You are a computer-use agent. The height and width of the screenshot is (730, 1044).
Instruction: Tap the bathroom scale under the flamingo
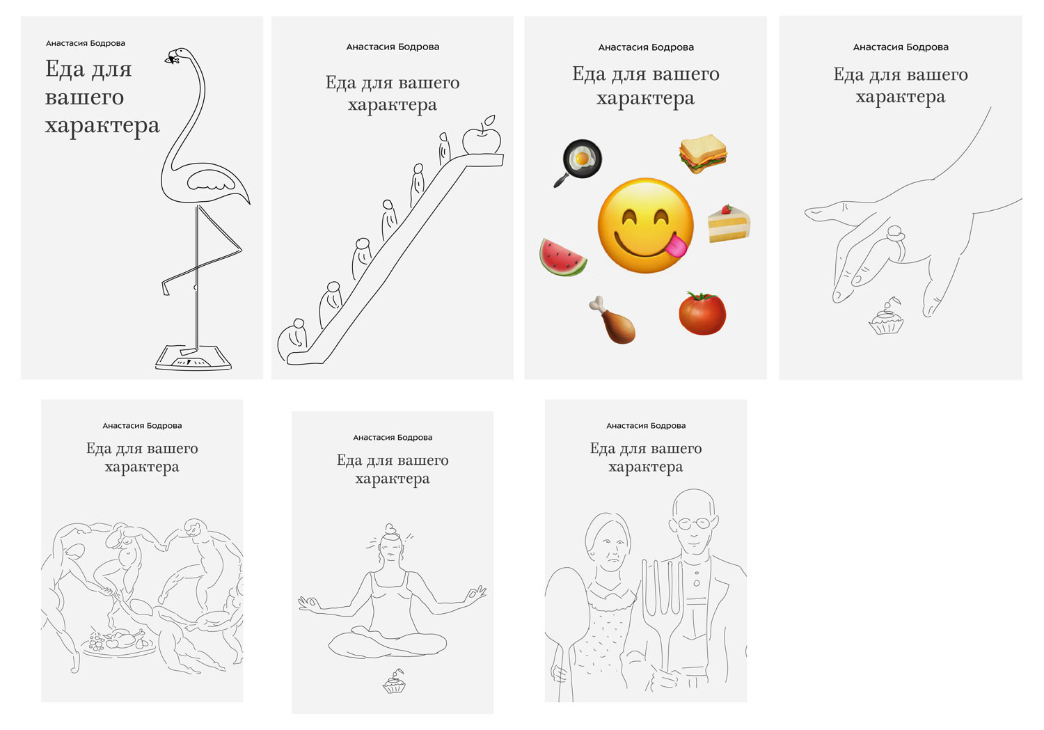pos(193,358)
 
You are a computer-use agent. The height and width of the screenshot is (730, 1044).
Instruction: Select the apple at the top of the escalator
pos(482,136)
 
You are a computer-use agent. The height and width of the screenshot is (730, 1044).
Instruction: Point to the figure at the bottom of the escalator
pos(292,339)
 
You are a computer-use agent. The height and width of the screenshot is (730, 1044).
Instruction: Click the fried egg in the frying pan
pos(582,159)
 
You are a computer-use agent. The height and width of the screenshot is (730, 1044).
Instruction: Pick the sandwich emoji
pos(703,154)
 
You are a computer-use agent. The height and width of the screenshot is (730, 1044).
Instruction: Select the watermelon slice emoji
pos(562,257)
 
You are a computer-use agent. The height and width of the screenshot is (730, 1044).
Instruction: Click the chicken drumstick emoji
pos(613,320)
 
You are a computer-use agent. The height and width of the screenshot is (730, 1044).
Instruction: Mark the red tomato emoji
pos(702,313)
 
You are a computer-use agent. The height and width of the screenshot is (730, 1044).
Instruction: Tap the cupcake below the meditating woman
pos(395,682)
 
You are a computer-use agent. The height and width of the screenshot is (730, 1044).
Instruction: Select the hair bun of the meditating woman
pos(390,529)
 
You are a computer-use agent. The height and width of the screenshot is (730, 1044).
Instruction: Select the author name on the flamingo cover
pos(86,43)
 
